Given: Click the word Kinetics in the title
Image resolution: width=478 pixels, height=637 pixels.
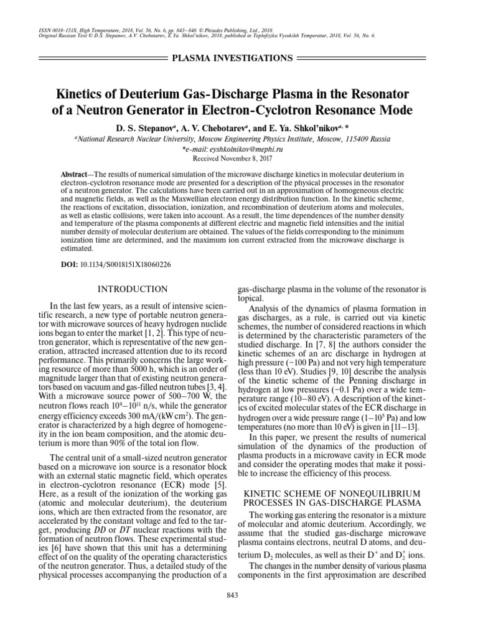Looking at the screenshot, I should (82, 95).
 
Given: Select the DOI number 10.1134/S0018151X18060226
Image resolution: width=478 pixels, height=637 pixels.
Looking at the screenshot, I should (126, 264).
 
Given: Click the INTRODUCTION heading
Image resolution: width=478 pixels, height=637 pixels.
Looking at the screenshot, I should (134, 289).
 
